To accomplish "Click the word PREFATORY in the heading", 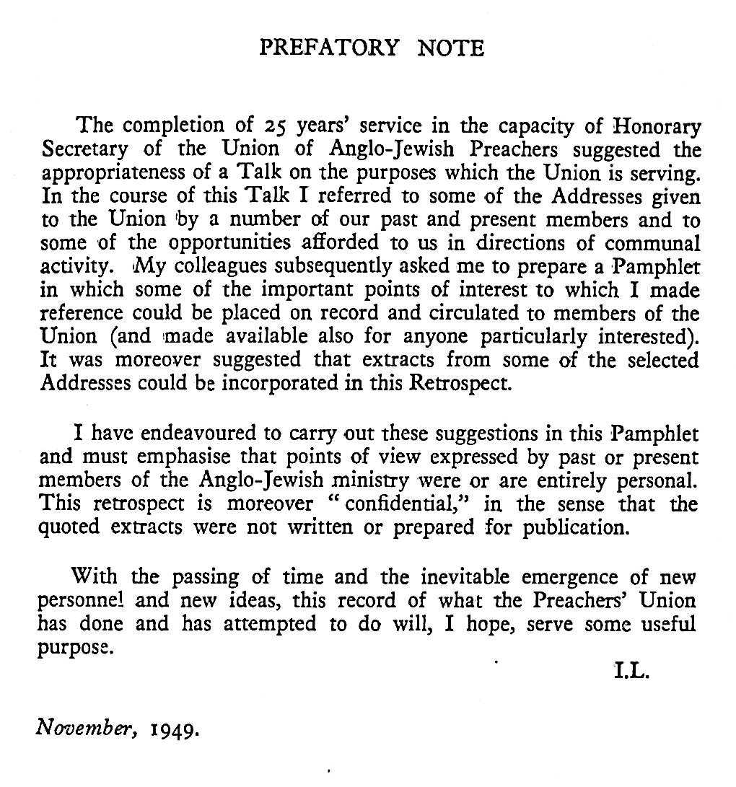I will pos(328,48).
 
